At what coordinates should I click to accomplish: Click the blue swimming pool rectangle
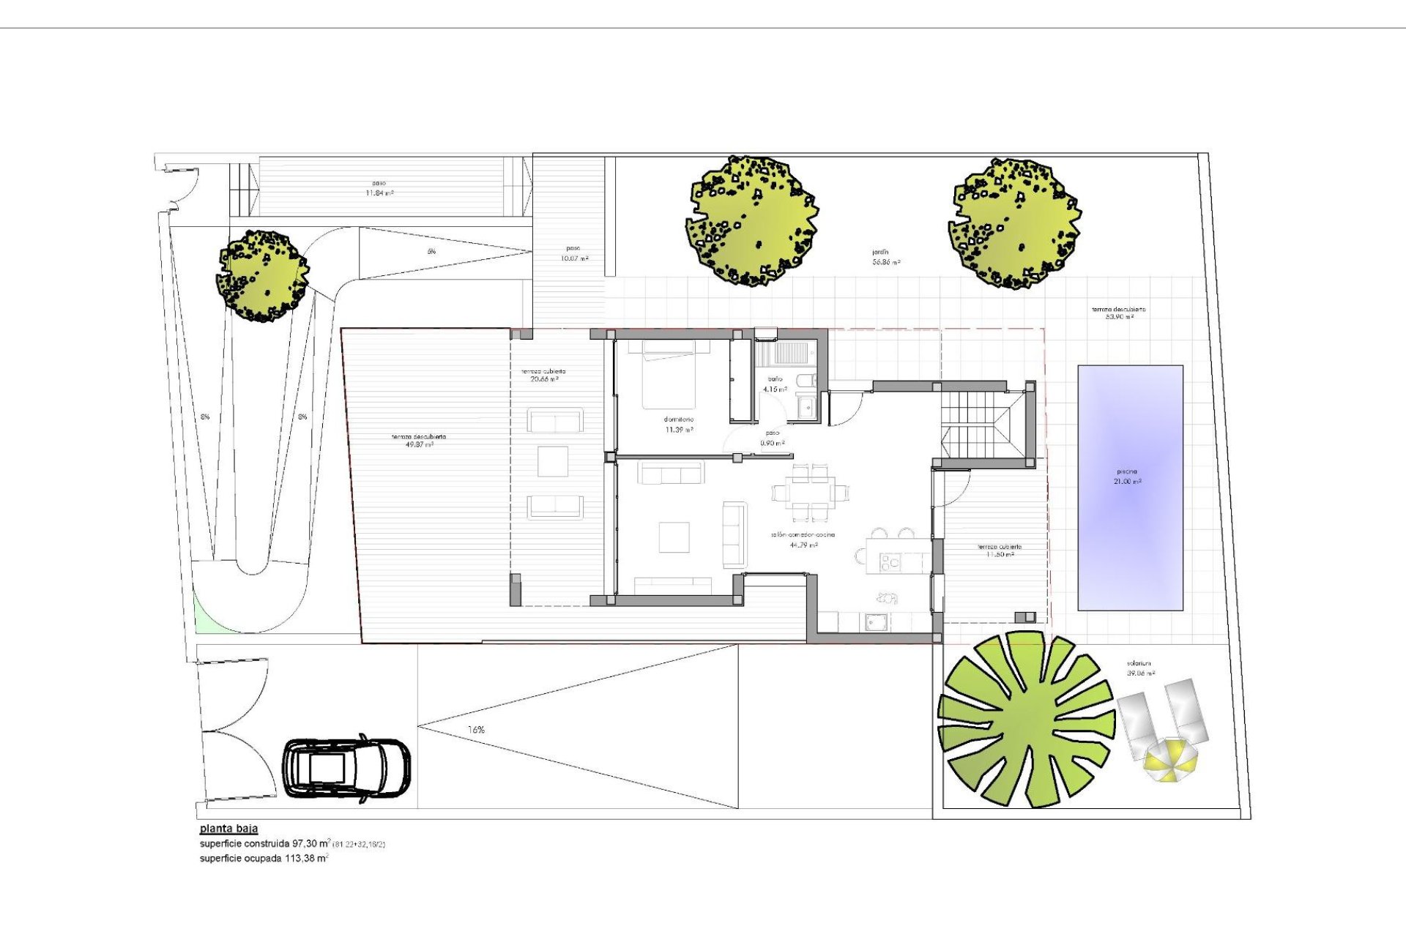click(1130, 488)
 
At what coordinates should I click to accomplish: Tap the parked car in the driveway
click(346, 769)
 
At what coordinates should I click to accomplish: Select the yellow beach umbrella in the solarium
click(1171, 760)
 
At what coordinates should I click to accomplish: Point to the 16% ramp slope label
click(476, 730)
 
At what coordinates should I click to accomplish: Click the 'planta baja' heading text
click(228, 829)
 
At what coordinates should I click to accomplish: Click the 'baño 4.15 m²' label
click(775, 384)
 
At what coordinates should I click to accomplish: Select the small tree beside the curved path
click(262, 275)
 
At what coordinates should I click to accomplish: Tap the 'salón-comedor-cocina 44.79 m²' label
click(803, 540)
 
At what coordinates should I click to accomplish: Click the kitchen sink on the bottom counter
click(876, 622)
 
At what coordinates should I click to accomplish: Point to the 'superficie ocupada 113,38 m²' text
click(264, 858)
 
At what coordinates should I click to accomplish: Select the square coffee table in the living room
click(674, 537)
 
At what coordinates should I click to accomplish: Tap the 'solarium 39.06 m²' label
click(1141, 668)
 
